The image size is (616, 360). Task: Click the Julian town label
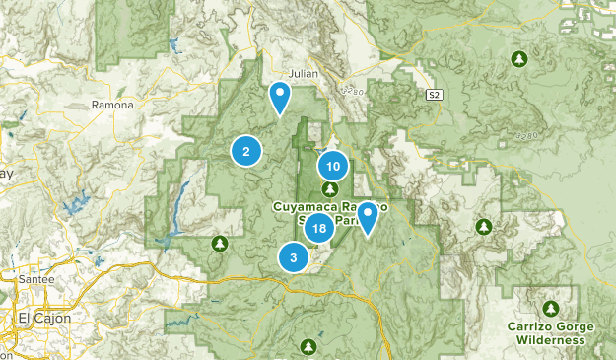tap(301, 73)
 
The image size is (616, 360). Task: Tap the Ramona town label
tap(110, 104)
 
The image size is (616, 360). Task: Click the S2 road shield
tap(434, 95)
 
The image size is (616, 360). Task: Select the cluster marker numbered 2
tap(245, 151)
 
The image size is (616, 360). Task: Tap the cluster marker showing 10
tap(333, 166)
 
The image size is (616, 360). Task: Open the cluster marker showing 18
tap(317, 229)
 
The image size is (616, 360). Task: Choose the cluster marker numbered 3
tap(293, 257)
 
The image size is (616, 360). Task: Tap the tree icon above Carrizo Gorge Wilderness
tap(551, 307)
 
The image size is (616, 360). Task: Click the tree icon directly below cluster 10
tap(331, 188)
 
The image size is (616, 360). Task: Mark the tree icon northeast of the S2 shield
tap(518, 59)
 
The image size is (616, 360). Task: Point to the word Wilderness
tap(550, 340)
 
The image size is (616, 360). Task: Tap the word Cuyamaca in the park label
tap(305, 207)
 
